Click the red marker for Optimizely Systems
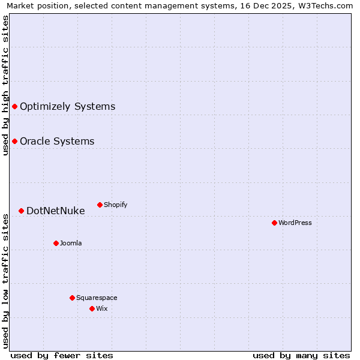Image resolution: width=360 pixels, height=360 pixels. (14, 106)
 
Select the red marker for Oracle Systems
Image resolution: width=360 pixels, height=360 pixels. (14, 141)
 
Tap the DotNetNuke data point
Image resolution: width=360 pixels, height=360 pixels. (21, 211)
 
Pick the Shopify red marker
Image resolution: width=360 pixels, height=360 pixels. (100, 205)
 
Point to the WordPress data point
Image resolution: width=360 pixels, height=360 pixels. (274, 223)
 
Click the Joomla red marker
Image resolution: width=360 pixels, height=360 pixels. (56, 243)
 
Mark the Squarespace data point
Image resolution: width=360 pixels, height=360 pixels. (72, 298)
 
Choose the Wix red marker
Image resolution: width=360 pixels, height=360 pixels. (92, 308)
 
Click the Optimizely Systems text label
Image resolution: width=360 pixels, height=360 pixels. (67, 107)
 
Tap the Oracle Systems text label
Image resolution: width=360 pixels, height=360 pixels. (57, 142)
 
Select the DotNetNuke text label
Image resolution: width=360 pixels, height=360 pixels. (55, 211)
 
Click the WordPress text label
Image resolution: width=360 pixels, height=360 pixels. (295, 223)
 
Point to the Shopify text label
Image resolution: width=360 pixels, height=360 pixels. (115, 205)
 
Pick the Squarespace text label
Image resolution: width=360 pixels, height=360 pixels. (97, 298)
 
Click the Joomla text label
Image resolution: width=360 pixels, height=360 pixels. (71, 244)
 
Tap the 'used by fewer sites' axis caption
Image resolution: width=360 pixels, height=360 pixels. (62, 355)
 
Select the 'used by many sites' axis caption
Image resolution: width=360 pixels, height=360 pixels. (301, 355)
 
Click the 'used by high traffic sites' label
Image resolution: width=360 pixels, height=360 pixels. (5, 86)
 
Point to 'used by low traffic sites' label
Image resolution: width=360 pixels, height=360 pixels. (5, 281)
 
